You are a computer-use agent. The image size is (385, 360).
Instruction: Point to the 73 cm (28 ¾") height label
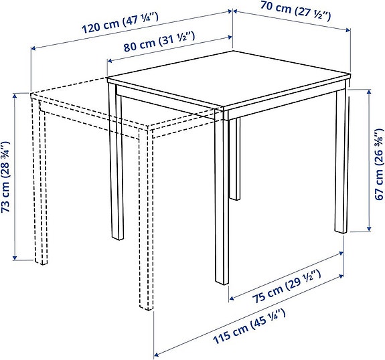[x=7, y=177]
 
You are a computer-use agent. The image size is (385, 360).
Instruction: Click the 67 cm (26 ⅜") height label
[x=379, y=161]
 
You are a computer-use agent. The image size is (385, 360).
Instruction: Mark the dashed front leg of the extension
[x=147, y=221]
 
